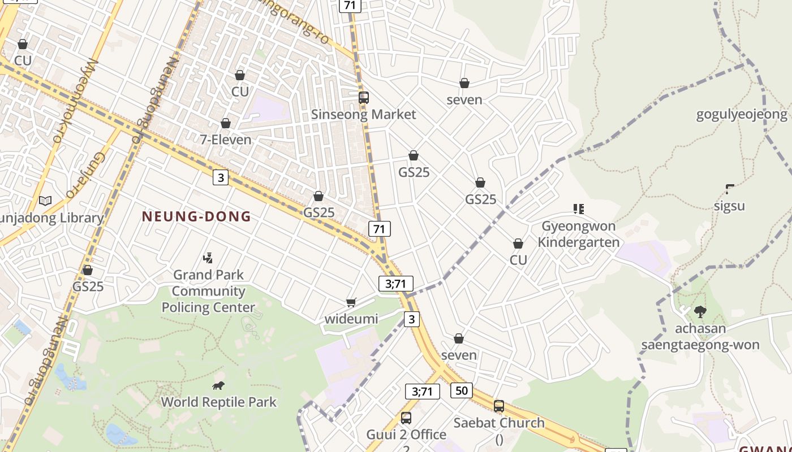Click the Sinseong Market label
coord(363,114)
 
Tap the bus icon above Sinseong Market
coord(364,97)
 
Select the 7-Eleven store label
coord(226,139)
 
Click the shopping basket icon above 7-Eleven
coord(226,123)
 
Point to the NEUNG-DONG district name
coord(196,216)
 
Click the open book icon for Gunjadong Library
coord(45,201)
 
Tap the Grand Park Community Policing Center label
coord(208,291)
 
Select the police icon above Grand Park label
coord(208,258)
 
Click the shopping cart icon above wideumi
coord(351,303)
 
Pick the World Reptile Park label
coord(219,402)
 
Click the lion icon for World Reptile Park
coord(218,386)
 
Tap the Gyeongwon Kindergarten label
coord(578,234)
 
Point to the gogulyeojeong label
coord(741,115)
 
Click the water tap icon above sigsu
coord(729,189)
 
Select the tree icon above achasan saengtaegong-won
coord(700,311)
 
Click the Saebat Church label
coord(499,423)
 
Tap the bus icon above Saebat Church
coord(499,406)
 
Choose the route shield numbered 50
coord(462,390)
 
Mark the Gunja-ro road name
coord(85,176)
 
